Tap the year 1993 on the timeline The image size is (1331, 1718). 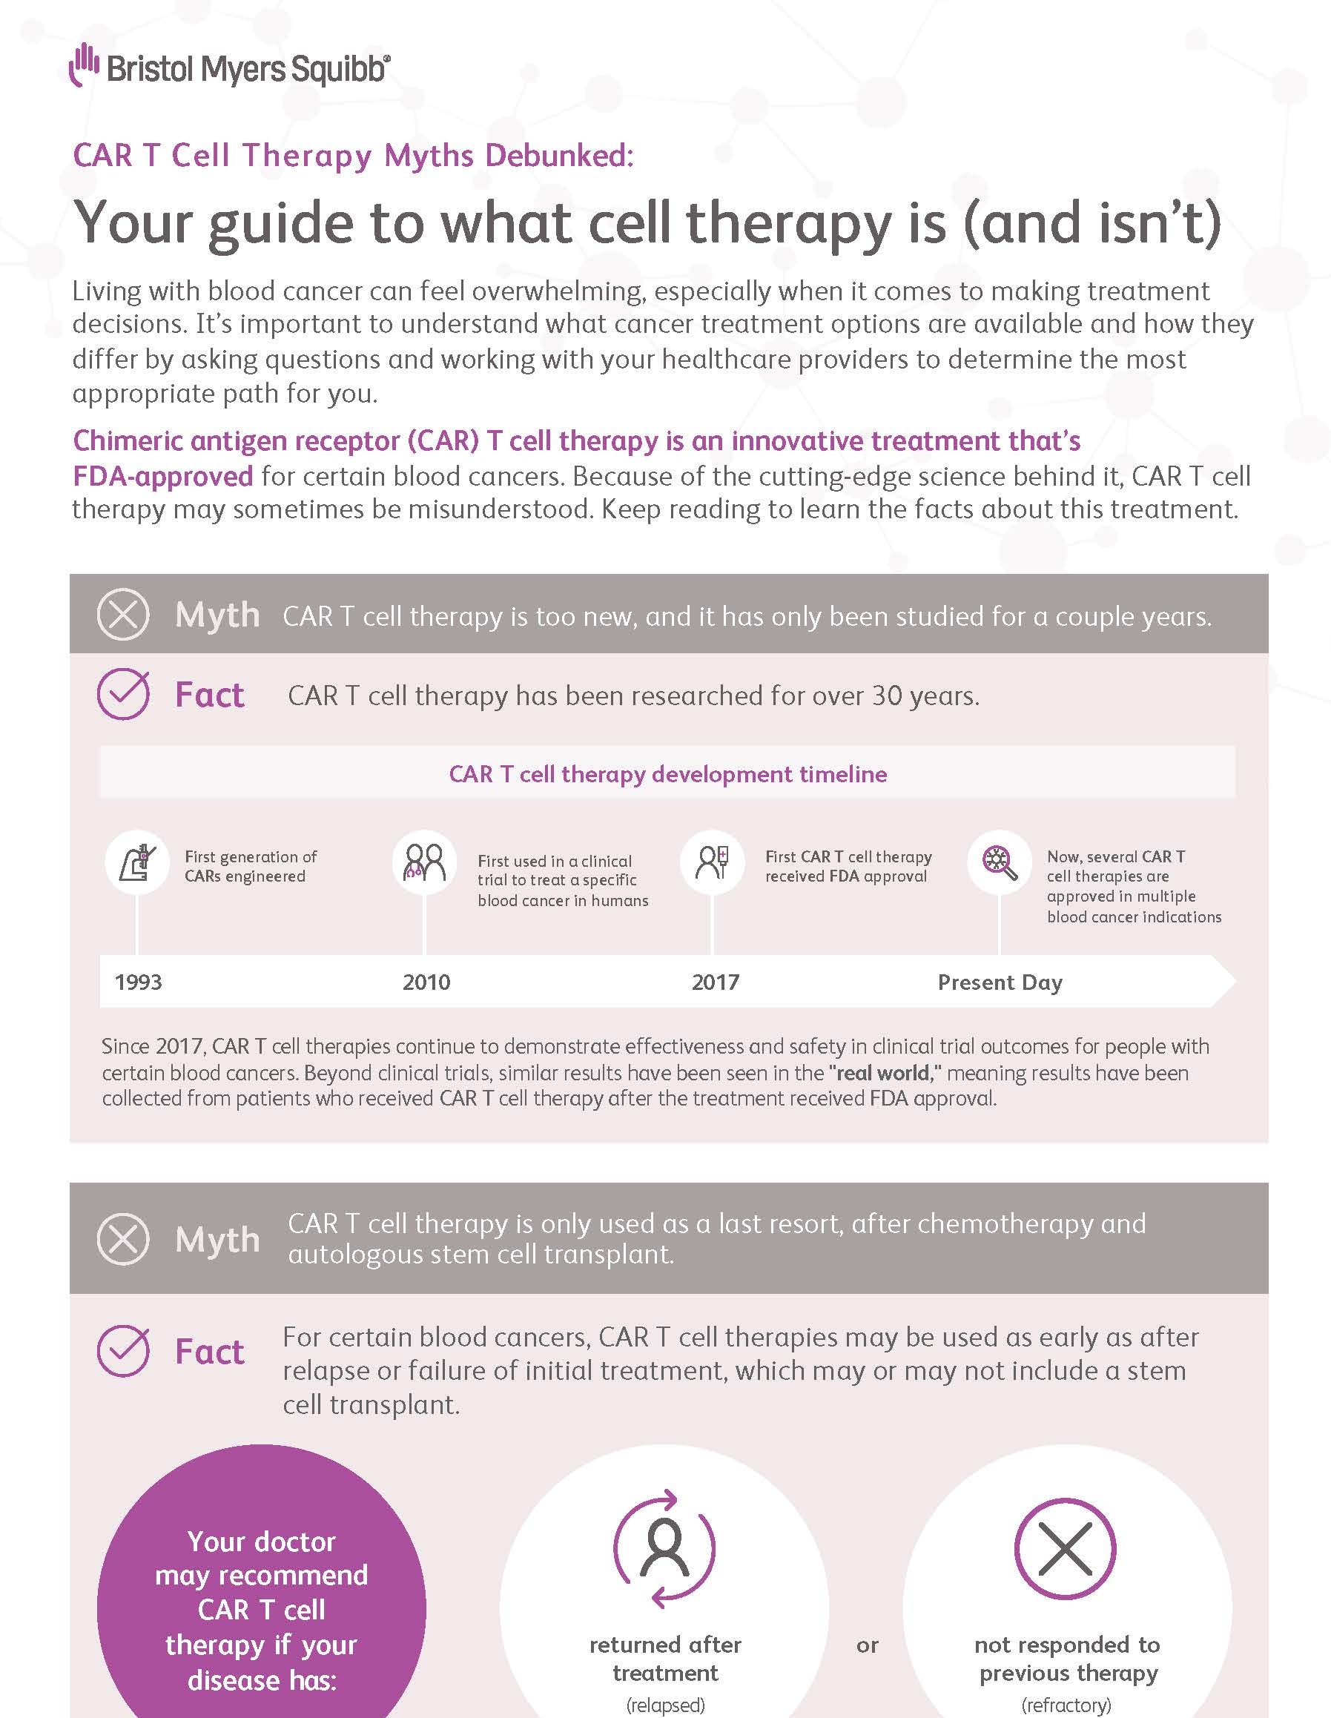(139, 982)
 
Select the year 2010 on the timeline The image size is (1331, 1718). (426, 982)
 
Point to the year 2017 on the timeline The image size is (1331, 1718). (715, 982)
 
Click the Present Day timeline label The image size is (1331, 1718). (1000, 982)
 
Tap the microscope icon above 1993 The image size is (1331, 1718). (137, 862)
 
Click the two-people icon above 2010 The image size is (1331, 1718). (424, 862)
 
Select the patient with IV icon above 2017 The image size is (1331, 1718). (712, 862)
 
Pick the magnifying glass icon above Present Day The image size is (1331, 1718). (1000, 862)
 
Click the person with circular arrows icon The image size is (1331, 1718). (664, 1548)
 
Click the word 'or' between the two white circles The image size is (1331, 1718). (867, 1645)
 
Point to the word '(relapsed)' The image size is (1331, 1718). (666, 1705)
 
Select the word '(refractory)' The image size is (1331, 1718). (1067, 1705)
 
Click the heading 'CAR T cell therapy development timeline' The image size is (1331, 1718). (668, 774)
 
